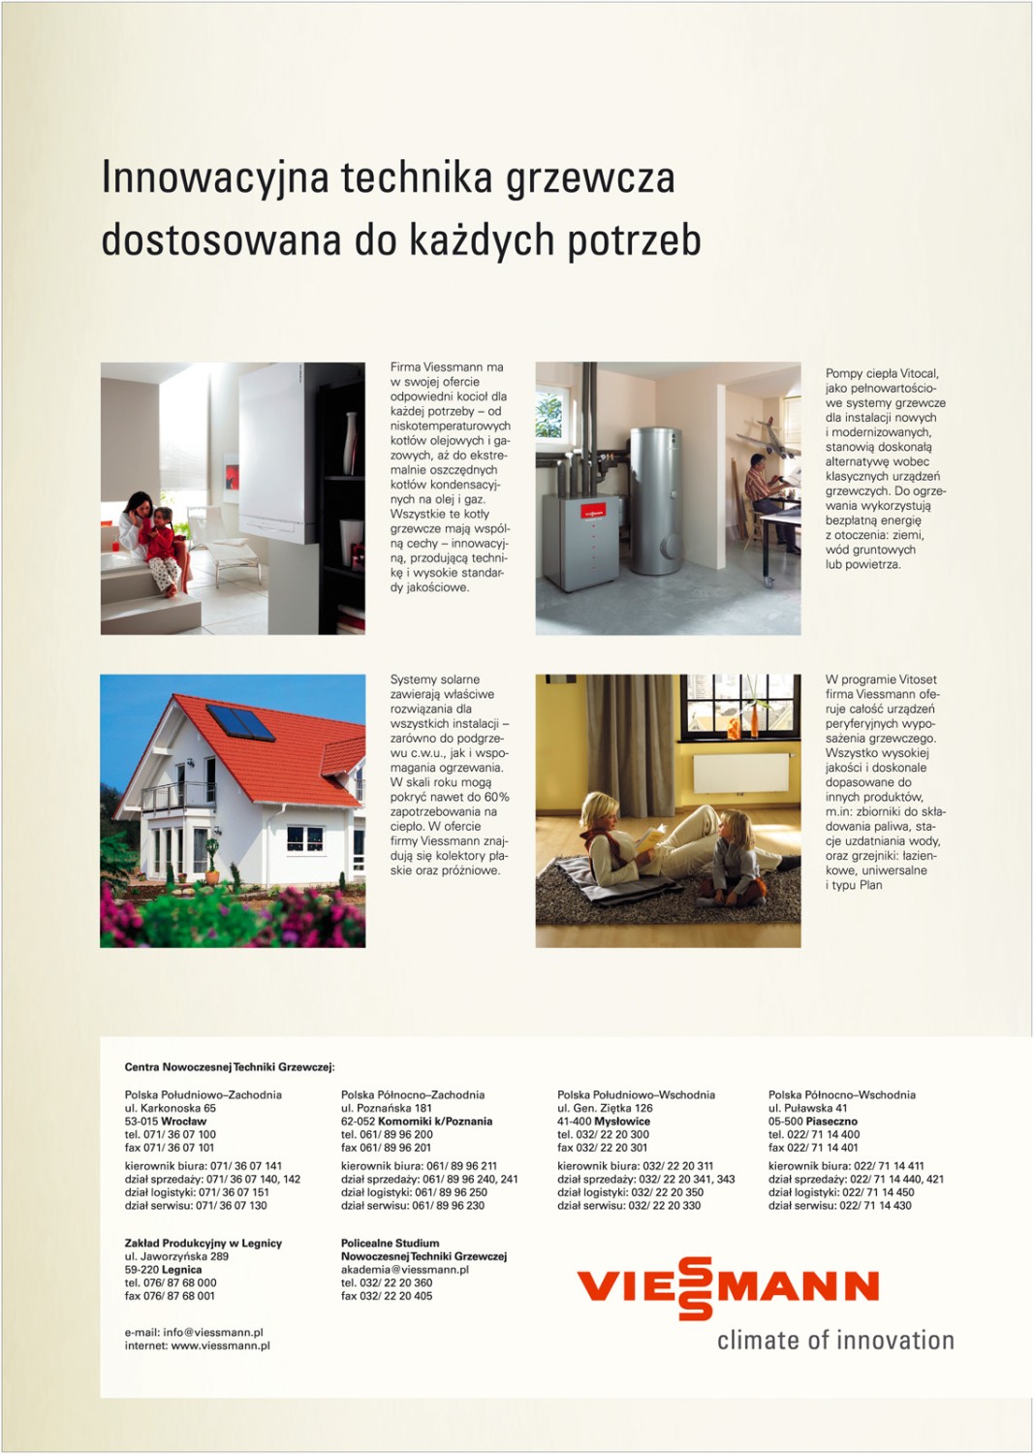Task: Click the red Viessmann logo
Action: coord(728,1287)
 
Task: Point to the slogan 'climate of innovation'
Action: coord(835,1341)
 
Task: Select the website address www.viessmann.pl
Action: coord(220,1345)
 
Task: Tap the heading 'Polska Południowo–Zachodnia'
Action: coord(203,1095)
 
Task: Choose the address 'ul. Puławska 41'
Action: coord(807,1108)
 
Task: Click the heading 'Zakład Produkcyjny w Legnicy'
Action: coord(203,1243)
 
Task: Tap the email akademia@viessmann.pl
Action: coord(404,1270)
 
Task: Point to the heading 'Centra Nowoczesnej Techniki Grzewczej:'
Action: coord(229,1067)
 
